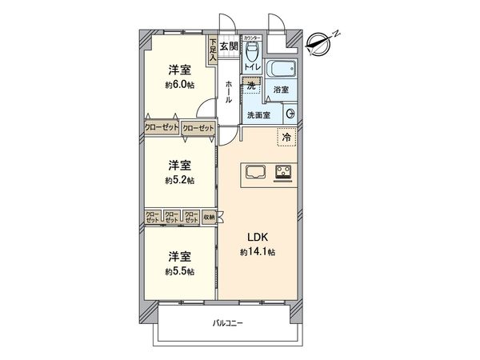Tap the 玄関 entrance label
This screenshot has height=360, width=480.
coord(229,46)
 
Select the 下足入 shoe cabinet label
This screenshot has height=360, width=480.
coord(213,51)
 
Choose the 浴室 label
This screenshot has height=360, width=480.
coord(280,90)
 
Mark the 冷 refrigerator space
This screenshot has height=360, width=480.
coord(286,138)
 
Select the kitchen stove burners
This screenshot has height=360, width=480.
coord(284,170)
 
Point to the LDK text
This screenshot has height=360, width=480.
coord(257,237)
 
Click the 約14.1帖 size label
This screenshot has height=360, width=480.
coord(257,252)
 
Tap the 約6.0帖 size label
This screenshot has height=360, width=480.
coord(181,85)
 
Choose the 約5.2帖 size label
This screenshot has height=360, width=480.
coord(181,181)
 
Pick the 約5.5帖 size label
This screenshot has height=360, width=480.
coord(181,271)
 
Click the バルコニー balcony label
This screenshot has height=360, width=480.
coord(228,324)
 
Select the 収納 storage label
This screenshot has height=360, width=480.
coord(209,215)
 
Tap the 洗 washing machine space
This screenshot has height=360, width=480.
coord(252,85)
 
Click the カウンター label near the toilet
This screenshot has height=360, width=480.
coord(251,37)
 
